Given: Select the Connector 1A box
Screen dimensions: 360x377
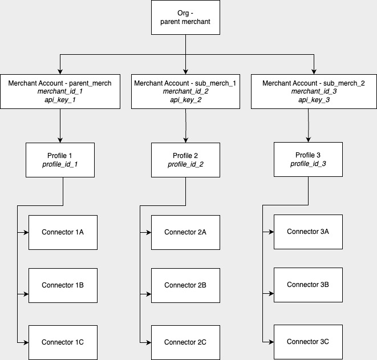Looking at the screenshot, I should click(63, 232).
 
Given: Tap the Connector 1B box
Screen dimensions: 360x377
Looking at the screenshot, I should click(63, 285).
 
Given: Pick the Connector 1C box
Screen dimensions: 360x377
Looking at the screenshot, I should click(63, 342).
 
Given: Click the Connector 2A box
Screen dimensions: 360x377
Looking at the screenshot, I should click(185, 232).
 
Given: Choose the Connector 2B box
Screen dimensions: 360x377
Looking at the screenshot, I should click(185, 285).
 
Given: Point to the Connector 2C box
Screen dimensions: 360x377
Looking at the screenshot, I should click(185, 342).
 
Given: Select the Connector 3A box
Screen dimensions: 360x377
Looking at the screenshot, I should click(308, 232).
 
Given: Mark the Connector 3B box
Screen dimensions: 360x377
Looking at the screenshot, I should click(308, 284).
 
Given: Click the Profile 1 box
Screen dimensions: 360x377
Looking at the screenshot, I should click(60, 160).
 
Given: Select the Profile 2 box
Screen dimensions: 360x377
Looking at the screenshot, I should click(185, 160).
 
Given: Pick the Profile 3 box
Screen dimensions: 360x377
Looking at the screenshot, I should click(308, 160).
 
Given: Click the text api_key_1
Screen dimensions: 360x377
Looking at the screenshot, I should click(60, 99).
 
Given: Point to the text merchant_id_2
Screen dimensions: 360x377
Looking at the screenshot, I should click(185, 91).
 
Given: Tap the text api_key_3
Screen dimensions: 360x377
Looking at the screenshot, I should click(313, 99).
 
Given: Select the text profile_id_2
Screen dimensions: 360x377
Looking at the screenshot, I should click(185, 165).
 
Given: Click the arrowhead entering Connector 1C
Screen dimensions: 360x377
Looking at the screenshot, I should click(26, 342).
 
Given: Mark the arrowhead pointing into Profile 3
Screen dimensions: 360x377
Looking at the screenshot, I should click(309, 139).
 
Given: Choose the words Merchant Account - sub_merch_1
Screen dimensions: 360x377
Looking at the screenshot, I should click(185, 83).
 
